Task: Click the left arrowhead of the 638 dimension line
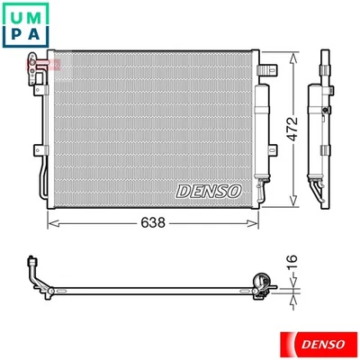coord(49,221)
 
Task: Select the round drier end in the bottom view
coord(262,283)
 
